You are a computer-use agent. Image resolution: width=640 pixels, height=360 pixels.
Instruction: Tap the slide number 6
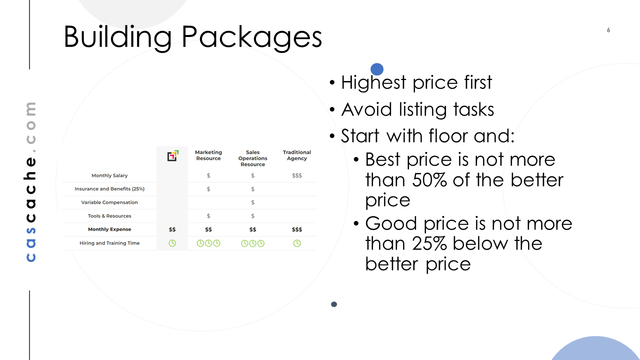608,30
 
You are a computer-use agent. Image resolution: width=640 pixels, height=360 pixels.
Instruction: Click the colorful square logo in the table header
173,155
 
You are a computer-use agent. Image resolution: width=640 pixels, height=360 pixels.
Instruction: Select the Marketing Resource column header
208,155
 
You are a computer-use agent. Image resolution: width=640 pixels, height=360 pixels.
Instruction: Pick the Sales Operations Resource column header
252,158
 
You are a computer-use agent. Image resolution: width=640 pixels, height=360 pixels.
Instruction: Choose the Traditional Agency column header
297,155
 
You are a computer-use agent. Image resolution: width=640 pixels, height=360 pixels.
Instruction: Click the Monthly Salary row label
109,175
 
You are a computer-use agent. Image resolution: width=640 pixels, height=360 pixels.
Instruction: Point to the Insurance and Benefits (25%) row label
109,189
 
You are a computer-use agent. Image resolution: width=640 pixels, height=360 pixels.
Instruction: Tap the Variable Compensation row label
109,202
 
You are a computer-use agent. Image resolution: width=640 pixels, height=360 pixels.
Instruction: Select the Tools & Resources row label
109,215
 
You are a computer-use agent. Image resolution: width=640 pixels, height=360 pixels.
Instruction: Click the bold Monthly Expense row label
109,229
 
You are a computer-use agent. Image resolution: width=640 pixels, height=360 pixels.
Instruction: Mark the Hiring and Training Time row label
109,243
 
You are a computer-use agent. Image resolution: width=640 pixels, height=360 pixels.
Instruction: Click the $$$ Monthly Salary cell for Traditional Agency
297,175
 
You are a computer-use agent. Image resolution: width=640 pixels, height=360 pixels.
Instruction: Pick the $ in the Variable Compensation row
252,202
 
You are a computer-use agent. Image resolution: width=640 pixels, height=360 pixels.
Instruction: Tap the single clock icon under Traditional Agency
297,243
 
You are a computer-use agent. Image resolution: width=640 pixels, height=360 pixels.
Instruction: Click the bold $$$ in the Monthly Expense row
297,229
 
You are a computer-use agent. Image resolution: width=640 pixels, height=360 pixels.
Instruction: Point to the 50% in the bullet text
429,180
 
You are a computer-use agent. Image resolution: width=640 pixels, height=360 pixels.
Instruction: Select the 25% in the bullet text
429,243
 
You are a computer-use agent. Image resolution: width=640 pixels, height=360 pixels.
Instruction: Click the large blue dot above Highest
377,69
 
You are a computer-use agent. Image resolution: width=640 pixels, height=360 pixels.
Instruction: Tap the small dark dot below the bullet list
333,304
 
